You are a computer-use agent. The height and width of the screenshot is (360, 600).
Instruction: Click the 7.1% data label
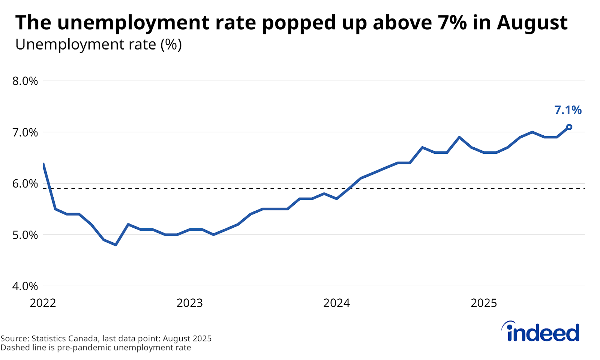coord(568,110)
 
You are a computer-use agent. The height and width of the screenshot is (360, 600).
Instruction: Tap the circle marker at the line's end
coord(569,127)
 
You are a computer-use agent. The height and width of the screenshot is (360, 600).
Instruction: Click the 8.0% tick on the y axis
coord(25,81)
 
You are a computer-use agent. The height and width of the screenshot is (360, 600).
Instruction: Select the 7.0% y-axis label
coord(25,132)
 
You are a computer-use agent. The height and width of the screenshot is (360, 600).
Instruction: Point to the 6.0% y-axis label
coord(25,184)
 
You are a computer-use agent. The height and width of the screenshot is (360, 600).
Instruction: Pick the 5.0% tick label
coord(25,235)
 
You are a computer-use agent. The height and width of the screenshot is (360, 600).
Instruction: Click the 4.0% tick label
coord(25,286)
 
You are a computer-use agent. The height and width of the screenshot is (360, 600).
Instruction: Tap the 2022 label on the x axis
coord(43,303)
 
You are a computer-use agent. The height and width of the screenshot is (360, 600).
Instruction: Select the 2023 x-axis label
coord(189,303)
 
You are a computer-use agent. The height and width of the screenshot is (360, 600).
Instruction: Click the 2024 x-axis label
coord(336,303)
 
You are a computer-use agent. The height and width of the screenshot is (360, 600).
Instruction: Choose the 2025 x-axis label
coord(483,303)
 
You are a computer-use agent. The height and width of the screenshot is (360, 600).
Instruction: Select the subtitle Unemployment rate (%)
coord(98,45)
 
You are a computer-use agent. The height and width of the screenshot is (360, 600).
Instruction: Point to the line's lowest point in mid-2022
coord(116,245)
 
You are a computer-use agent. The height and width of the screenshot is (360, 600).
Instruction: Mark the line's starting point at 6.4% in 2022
coord(44,164)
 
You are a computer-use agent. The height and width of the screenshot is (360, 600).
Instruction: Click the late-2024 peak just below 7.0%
coord(459,137)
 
